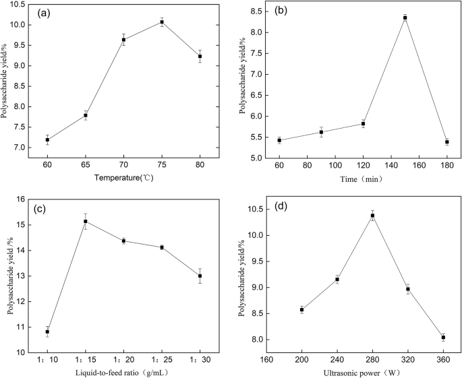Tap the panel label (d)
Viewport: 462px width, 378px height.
(x=282, y=206)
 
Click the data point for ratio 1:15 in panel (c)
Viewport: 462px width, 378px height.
(x=86, y=222)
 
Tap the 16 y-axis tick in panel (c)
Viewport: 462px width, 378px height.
(x=21, y=199)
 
